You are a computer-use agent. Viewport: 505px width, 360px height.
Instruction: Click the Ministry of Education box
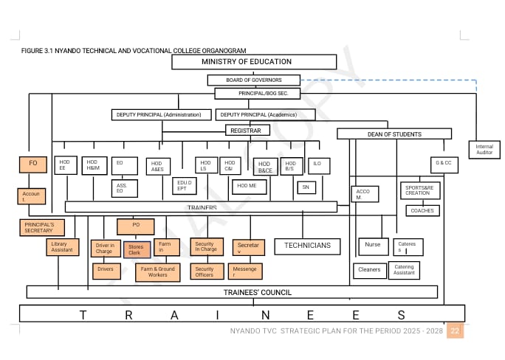point(247,62)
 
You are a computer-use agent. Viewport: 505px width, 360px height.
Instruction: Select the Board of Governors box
point(253,80)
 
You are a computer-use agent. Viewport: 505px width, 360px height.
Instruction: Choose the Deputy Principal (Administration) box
point(162,115)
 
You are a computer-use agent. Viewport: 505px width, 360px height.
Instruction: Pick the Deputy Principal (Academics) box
point(265,115)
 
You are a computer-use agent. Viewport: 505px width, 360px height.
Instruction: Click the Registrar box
point(247,131)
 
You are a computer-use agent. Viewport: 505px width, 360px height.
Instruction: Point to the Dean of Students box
point(394,134)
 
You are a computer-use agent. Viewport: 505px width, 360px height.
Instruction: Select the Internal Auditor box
point(484,150)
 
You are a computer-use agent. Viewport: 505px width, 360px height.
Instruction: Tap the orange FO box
point(32,165)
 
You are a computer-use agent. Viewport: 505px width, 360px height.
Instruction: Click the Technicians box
point(307,246)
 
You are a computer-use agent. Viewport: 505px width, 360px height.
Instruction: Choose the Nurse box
point(373,246)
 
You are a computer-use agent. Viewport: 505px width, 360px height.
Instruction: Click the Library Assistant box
point(62,247)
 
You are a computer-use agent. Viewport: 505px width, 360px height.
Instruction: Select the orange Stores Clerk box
point(136,249)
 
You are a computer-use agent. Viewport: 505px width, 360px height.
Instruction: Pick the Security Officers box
point(205,272)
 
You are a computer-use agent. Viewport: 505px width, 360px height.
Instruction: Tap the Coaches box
point(422,210)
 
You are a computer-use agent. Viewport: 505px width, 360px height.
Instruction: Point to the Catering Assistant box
point(404,270)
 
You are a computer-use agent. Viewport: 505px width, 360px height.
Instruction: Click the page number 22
point(455,331)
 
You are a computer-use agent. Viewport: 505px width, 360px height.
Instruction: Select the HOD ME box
point(249,187)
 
